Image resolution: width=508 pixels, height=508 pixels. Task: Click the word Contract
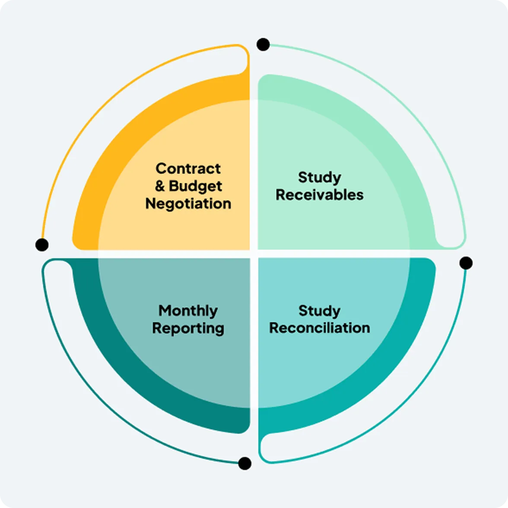click(x=188, y=168)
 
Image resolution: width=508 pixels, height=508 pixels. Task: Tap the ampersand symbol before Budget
click(x=160, y=186)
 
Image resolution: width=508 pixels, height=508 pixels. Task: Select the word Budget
click(x=195, y=186)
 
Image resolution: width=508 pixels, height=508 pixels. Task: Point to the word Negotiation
click(x=188, y=203)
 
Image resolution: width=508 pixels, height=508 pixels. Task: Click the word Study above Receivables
click(x=319, y=178)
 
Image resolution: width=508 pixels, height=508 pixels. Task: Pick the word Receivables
click(x=319, y=195)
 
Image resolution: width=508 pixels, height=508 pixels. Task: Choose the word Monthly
click(x=188, y=311)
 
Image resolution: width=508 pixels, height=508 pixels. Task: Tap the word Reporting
click(x=188, y=328)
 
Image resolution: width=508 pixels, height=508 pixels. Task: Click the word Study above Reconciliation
click(x=319, y=311)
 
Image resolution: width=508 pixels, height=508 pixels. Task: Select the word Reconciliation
click(x=319, y=328)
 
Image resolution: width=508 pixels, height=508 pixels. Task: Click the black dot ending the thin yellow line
click(x=42, y=244)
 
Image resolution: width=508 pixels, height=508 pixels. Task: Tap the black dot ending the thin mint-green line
click(x=263, y=44)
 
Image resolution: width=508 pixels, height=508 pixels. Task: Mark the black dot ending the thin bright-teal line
click(x=466, y=263)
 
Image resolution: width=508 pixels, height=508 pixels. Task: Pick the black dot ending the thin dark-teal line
click(x=244, y=464)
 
